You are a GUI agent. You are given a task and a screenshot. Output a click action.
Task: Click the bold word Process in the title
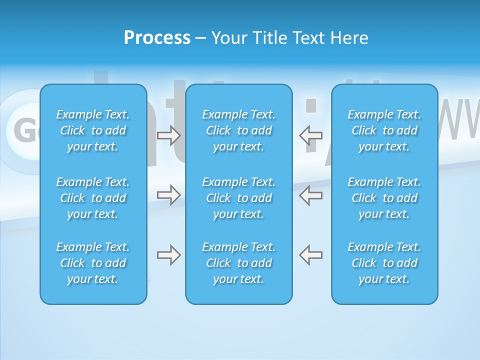[x=157, y=38]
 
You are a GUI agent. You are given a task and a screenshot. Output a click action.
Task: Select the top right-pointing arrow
[x=169, y=135]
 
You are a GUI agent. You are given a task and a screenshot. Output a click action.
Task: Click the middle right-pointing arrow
[x=169, y=194]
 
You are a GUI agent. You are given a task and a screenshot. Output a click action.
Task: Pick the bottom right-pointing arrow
[x=169, y=255]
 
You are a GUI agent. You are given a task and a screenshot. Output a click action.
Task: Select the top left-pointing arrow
[x=310, y=135]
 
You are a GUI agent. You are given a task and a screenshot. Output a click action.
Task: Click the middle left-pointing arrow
[x=310, y=194]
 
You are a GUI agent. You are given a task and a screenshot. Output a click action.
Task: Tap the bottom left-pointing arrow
[x=310, y=255]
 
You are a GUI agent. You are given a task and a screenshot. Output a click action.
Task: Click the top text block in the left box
[x=93, y=130]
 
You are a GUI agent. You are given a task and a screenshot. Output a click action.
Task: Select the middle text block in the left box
[x=93, y=198]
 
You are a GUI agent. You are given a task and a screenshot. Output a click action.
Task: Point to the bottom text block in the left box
[x=93, y=263]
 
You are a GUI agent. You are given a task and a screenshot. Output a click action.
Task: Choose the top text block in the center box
[x=239, y=130]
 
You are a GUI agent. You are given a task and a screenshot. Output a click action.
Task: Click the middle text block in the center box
[x=239, y=198]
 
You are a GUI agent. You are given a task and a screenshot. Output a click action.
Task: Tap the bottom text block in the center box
[x=239, y=263]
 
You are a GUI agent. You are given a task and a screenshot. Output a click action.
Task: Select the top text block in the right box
[x=384, y=130]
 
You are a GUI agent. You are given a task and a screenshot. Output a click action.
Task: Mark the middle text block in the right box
[x=384, y=198]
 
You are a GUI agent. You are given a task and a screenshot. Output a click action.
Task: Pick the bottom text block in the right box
[x=384, y=263]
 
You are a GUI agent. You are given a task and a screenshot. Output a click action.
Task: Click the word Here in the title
[x=349, y=38]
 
